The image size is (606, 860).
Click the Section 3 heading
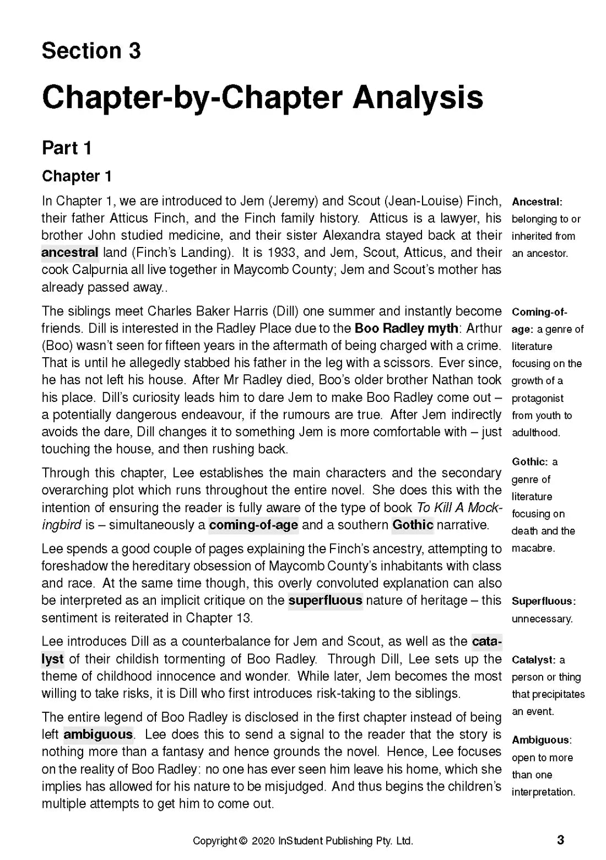(x=91, y=51)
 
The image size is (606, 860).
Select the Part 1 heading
(x=67, y=148)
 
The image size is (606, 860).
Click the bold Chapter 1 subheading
(x=77, y=176)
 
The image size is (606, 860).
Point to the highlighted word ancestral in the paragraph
(x=70, y=253)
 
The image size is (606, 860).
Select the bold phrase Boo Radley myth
(x=406, y=329)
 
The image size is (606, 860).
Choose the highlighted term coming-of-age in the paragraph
(x=253, y=525)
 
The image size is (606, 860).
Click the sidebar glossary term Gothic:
(x=530, y=462)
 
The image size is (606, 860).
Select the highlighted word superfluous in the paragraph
(x=325, y=600)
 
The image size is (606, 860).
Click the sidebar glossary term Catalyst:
(x=533, y=660)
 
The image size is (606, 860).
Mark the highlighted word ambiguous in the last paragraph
(x=98, y=734)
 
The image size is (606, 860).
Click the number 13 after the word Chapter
(x=242, y=617)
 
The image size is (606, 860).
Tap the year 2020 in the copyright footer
(x=263, y=841)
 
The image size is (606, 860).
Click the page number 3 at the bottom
(x=561, y=840)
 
